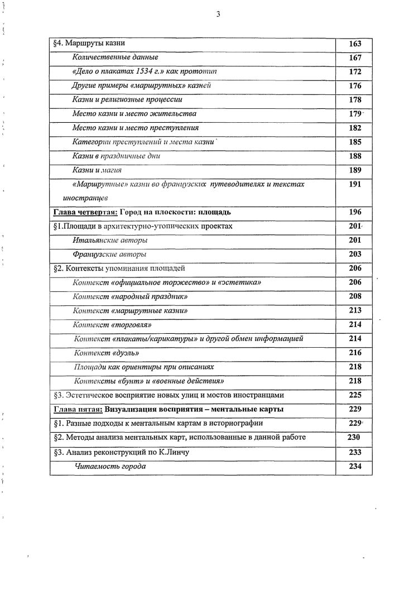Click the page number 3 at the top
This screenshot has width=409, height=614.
[x=218, y=15]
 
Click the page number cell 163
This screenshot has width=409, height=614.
[x=355, y=44]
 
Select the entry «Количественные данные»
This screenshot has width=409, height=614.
[x=115, y=57]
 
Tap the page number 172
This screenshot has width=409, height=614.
[x=355, y=72]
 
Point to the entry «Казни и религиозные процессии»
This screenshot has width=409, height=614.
[x=127, y=100]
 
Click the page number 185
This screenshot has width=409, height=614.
[x=355, y=142]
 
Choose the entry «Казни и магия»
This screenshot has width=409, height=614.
[x=97, y=170]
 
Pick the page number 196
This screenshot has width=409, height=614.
[x=355, y=212]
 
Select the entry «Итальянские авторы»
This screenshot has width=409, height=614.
[x=110, y=240]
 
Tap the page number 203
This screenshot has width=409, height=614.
[x=355, y=255]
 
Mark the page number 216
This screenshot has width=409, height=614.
[x=355, y=353]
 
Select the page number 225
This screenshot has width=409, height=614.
[x=355, y=395]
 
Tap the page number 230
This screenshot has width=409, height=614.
[x=354, y=438]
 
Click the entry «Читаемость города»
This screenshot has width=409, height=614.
[x=110, y=466]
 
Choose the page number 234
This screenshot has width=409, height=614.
[x=355, y=466]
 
